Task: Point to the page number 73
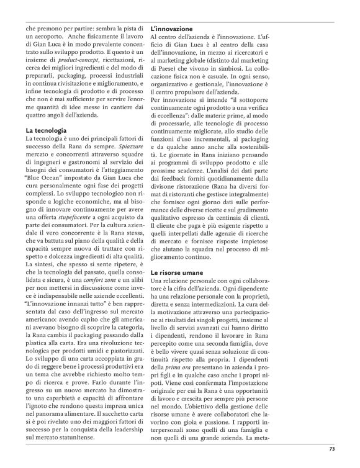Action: [332, 449]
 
